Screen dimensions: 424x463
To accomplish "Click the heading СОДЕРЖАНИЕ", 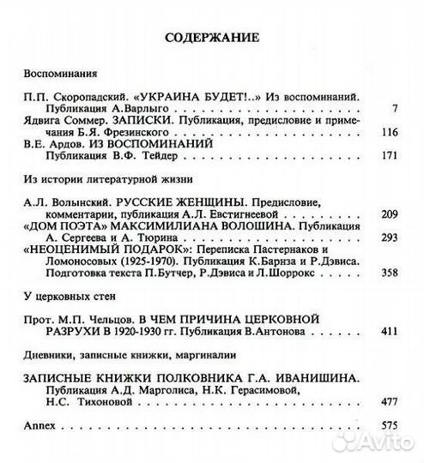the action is pyautogui.click(x=211, y=39).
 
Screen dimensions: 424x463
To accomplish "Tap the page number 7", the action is pyautogui.click(x=396, y=109).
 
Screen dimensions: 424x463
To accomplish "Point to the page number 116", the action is pyautogui.click(x=391, y=132).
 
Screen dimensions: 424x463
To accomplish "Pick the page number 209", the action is pyautogui.click(x=391, y=213).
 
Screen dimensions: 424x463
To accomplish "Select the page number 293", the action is pyautogui.click(x=391, y=236).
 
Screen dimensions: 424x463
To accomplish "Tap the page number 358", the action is pyautogui.click(x=391, y=271).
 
